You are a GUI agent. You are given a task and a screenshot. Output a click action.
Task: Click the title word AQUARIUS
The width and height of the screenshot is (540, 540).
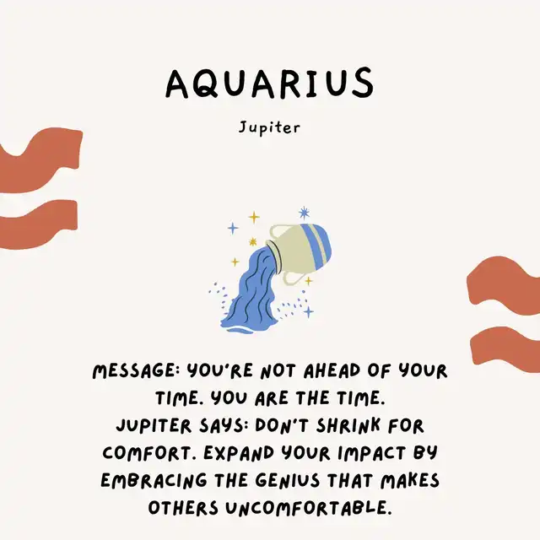tap(270, 83)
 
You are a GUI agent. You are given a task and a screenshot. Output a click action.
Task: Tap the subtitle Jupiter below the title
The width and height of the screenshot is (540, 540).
tap(269, 127)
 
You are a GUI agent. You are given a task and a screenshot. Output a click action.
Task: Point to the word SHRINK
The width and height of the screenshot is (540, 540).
tap(348, 425)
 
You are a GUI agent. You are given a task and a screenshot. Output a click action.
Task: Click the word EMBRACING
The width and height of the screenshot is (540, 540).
tap(154, 481)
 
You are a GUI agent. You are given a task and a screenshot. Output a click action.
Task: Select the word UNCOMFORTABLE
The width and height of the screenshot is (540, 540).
tap(309, 508)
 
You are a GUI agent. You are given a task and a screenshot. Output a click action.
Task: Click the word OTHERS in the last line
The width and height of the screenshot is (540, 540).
tap(183, 508)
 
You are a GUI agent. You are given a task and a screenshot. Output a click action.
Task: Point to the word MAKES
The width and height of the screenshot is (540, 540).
tap(410, 480)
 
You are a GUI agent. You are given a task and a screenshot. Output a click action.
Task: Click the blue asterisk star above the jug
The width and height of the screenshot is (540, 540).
tap(304, 213)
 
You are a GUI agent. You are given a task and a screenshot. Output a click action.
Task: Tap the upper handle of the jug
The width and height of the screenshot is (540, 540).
tap(276, 231)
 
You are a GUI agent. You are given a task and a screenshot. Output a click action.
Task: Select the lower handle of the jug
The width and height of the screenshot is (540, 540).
tap(293, 278)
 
